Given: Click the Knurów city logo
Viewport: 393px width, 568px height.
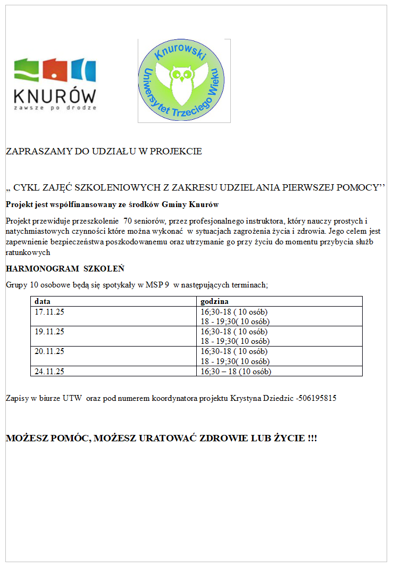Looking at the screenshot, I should pos(55,84).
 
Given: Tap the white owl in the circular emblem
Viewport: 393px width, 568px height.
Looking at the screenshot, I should pos(184,84).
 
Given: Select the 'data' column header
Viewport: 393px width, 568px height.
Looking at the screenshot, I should pos(43,301).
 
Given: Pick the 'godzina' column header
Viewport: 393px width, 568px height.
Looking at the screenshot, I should pos(214,301).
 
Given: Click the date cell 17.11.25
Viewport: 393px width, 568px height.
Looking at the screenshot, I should pos(49,311).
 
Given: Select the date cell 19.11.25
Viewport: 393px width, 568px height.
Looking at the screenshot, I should pos(49,331).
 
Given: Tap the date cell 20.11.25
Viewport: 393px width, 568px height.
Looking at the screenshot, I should pos(49,351).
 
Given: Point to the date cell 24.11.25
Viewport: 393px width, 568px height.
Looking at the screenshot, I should pos(49,372).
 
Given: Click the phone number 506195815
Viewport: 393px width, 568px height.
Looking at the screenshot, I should pos(318,398).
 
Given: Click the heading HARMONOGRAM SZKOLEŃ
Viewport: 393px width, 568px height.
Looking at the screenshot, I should pos(65,268).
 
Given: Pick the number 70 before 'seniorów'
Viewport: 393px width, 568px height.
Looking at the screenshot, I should pos(128,220).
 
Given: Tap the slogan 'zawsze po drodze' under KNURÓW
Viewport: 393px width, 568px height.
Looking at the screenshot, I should pos(55,108).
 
